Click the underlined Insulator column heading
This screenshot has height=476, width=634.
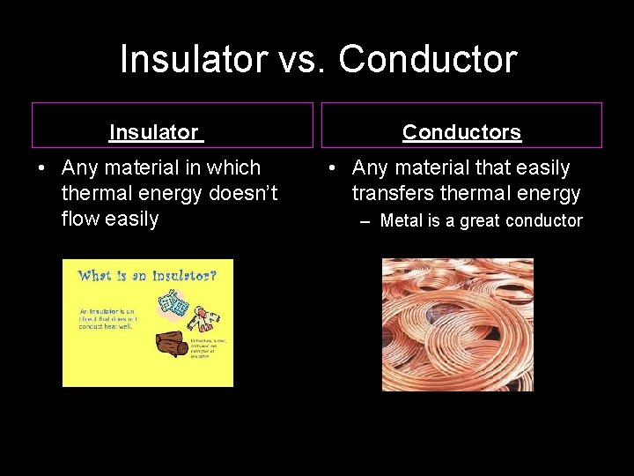(x=154, y=133)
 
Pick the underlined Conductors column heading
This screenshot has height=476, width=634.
(x=461, y=133)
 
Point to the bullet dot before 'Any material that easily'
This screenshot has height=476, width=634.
(x=334, y=168)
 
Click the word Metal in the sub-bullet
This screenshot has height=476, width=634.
(x=401, y=220)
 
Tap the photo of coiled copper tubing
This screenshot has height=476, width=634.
(x=457, y=324)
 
